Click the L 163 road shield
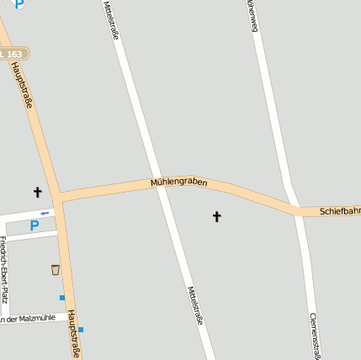point(13,54)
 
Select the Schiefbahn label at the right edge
point(340,211)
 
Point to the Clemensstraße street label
point(313,336)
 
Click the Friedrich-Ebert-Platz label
point(4,269)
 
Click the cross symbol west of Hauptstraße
point(37,193)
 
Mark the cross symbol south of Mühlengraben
point(216,217)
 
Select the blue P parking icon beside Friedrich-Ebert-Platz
point(35,225)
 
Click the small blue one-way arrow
point(45,213)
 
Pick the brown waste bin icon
point(56,270)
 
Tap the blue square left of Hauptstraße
point(61,297)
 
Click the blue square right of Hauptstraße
point(81,330)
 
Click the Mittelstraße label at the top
point(110,19)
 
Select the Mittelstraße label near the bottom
point(194,305)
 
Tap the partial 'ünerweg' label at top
point(251,15)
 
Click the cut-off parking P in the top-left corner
point(19,4)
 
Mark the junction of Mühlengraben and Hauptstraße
point(59,198)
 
